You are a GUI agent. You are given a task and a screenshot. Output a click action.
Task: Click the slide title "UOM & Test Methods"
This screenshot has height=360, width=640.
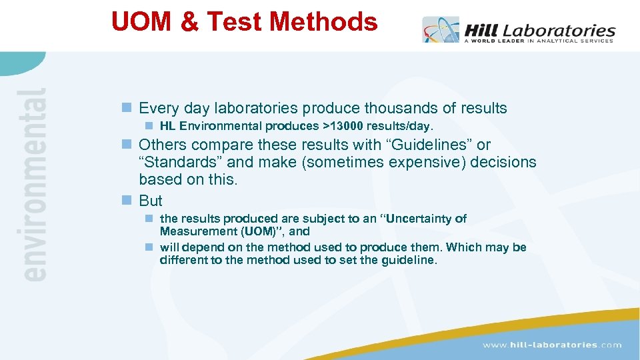pyautogui.click(x=244, y=22)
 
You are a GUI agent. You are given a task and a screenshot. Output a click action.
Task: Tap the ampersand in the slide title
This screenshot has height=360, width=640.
pyautogui.click(x=189, y=23)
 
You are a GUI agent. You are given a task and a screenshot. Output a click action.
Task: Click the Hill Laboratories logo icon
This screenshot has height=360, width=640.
pyautogui.click(x=440, y=30)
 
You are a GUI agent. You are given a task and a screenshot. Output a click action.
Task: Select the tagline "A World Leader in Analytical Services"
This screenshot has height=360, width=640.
pyautogui.click(x=538, y=41)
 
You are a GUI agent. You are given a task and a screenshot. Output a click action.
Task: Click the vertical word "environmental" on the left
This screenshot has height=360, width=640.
pyautogui.click(x=35, y=183)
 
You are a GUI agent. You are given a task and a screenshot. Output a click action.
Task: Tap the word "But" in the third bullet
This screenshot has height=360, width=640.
pyautogui.click(x=151, y=201)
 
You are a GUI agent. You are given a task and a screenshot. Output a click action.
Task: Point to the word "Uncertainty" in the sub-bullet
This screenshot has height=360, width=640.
pyautogui.click(x=425, y=219)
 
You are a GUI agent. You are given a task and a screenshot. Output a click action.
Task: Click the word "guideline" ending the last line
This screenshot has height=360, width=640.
pyautogui.click(x=409, y=260)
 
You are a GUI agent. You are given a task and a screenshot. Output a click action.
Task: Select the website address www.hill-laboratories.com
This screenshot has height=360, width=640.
pyautogui.click(x=551, y=345)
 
